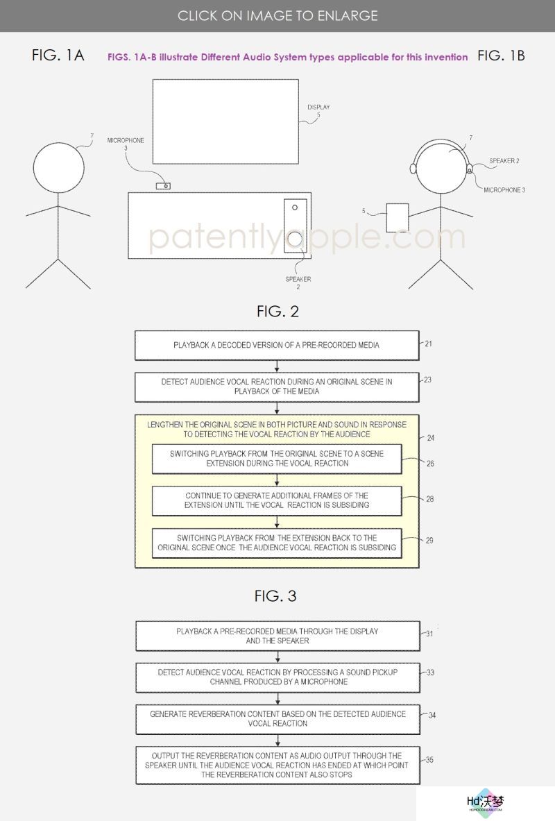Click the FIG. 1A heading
point(58,55)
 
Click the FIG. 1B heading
point(501,56)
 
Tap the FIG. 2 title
point(277,312)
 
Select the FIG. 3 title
point(275,596)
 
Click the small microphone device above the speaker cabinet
point(163,186)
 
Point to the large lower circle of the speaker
point(296,239)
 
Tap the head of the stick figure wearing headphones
point(441,167)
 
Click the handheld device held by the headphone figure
point(398,218)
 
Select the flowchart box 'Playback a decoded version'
point(277,345)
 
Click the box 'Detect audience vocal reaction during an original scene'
point(277,387)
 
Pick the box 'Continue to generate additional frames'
point(277,500)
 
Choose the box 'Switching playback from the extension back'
point(277,543)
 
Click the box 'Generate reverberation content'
point(277,719)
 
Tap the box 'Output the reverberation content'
point(277,765)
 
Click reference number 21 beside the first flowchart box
point(428,344)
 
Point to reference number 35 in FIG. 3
point(429,759)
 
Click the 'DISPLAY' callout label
point(318,107)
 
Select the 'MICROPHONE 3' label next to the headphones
point(504,190)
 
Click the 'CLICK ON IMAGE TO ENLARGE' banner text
point(277,16)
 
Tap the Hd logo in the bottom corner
point(486,802)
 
